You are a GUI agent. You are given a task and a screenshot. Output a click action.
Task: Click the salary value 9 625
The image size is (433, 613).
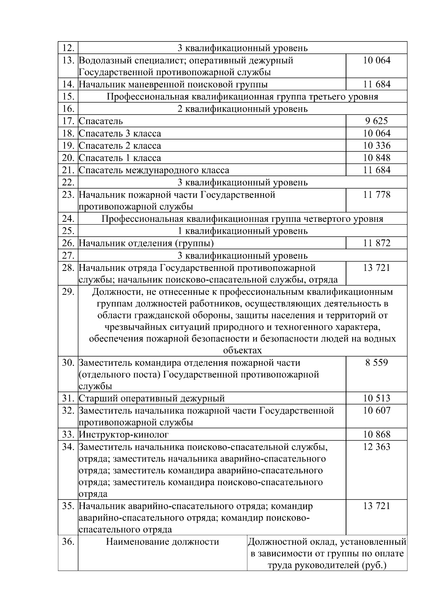click(376, 121)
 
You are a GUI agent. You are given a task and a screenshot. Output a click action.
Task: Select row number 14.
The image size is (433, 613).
click(68, 85)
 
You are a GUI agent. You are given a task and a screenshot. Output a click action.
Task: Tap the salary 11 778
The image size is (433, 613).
click(376, 195)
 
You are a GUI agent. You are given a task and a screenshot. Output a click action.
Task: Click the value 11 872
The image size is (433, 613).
click(376, 243)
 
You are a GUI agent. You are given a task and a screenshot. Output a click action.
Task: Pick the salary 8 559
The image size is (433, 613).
click(376, 363)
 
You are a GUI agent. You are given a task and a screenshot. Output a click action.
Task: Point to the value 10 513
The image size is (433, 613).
click(376, 398)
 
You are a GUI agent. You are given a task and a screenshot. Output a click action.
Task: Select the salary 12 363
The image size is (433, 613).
click(376, 447)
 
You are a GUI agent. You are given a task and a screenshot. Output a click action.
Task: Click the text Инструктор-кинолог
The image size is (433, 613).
click(124, 435)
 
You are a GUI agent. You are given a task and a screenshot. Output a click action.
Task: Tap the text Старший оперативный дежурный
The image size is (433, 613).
click(152, 398)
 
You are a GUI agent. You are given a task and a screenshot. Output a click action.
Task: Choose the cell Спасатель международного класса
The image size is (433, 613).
click(154, 170)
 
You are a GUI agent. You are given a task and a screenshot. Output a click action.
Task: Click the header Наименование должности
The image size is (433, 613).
click(162, 542)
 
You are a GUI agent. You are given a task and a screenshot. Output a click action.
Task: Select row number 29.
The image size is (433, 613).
click(68, 292)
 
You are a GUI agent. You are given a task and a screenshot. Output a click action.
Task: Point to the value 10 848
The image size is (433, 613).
click(376, 158)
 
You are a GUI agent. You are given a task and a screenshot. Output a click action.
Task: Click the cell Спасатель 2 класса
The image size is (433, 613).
click(120, 146)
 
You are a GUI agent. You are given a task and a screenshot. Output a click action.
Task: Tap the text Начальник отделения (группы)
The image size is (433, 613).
click(146, 243)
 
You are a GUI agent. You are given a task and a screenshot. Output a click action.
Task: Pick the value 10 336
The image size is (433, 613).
click(376, 146)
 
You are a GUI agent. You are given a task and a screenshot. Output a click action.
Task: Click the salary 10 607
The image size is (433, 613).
click(376, 411)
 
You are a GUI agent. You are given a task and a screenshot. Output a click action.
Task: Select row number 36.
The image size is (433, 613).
click(68, 542)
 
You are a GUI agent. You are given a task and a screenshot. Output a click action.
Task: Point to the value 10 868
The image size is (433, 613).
click(376, 435)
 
